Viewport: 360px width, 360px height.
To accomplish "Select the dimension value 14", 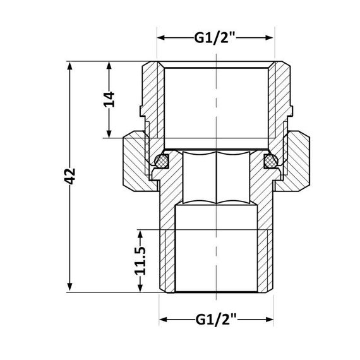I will point(109,99).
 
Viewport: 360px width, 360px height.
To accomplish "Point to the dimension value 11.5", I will point(140,260).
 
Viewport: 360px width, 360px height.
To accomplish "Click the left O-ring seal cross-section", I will point(162,162).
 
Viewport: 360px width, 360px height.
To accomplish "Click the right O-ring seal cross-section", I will point(270,162).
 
